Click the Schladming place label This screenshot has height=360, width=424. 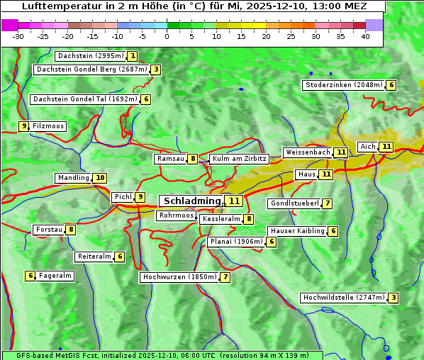coord(192,201)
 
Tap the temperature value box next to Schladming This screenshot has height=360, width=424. coord(234,201)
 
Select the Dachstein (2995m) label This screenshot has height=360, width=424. coord(89,56)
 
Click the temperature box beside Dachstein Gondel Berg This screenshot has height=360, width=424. coord(155,69)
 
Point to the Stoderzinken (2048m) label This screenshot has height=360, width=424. coord(343,85)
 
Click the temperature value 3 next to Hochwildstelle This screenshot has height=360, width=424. coord(393,298)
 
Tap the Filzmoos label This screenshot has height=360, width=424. coord(48,126)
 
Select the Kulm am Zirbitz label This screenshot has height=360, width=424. coord(239,159)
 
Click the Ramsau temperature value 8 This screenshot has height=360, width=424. coord(193,159)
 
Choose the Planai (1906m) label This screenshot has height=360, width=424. coord(236,242)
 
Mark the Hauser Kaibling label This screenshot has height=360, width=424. coord(297,231)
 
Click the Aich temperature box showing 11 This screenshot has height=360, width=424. coord(386,147)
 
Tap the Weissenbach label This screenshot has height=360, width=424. coord(307,152)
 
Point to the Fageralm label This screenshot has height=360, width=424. coord(55,276)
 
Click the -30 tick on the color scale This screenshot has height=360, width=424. coord(18,36)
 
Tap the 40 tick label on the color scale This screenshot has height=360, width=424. coord(365,36)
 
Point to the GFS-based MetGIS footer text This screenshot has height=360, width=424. coord(161,355)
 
